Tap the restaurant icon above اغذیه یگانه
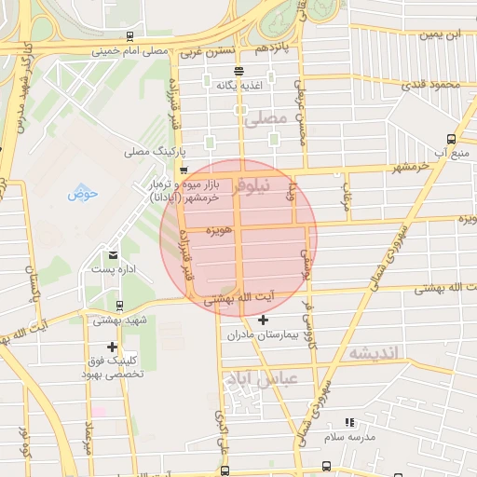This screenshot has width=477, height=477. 239,71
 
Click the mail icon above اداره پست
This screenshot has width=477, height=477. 114,254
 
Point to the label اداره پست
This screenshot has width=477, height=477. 114,269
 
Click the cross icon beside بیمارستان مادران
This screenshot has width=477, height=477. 264,320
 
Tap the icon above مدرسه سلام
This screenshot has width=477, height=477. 349,423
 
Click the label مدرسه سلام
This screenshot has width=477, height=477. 349,437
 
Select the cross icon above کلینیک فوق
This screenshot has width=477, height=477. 112,347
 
